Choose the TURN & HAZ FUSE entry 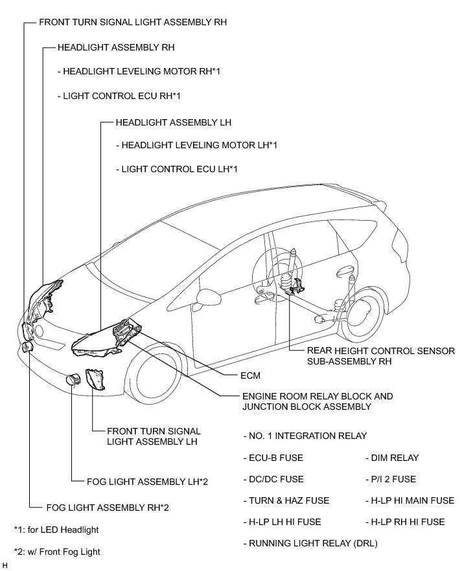click(x=286, y=500)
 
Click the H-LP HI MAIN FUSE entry click(x=410, y=500)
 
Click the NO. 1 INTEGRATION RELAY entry click(x=305, y=436)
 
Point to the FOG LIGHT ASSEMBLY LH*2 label click(x=146, y=482)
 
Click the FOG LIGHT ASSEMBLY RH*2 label click(x=108, y=508)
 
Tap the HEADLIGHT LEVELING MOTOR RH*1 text click(x=139, y=71)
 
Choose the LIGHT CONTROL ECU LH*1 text click(x=177, y=170)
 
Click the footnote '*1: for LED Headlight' click(x=56, y=530)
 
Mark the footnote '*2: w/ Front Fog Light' click(x=57, y=552)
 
